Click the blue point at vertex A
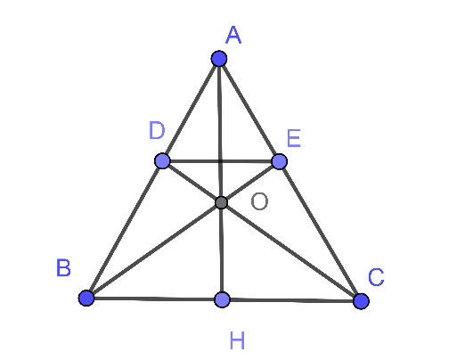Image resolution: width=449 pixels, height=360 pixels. [x=219, y=58]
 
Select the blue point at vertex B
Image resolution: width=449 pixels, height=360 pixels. [x=86, y=298]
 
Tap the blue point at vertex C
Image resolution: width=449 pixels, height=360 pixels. [x=361, y=301]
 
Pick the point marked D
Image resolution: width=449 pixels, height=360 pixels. [x=162, y=161]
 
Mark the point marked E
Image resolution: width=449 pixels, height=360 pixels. [x=279, y=161]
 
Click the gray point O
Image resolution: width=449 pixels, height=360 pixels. [x=221, y=202]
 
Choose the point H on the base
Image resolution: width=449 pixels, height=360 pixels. [x=222, y=299]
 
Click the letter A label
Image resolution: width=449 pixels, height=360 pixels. [x=233, y=35]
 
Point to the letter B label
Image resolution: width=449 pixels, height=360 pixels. [x=63, y=268]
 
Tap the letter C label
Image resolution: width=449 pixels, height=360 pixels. [x=376, y=277]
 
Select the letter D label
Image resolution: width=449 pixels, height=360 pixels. [x=157, y=130]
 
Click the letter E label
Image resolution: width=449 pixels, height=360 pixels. [x=294, y=138]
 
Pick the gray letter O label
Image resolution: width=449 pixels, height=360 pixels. [x=259, y=201]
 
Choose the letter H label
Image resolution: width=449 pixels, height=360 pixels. [x=237, y=340]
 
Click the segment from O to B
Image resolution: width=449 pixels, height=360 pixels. [x=154, y=250]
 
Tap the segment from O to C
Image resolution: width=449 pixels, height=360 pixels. [x=291, y=252]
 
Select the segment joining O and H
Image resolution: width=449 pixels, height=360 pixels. [x=222, y=251]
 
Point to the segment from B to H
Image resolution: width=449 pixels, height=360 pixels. [x=154, y=299]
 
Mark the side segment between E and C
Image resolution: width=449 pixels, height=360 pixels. [x=320, y=232]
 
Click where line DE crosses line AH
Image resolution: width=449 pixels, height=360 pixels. [x=220, y=161]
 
